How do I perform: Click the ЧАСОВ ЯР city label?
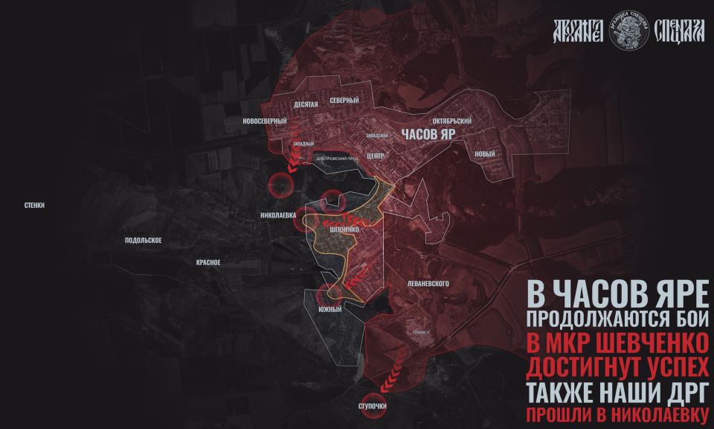pyautogui.click(x=428, y=136)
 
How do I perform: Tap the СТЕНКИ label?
pyautogui.click(x=34, y=205)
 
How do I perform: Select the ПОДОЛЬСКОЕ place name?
pyautogui.click(x=144, y=241)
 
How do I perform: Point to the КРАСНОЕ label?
pyautogui.click(x=208, y=262)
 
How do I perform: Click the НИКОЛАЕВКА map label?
pyautogui.click(x=279, y=215)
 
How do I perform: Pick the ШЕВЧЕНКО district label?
pyautogui.click(x=344, y=231)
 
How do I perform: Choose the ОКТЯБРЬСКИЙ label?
pyautogui.click(x=451, y=121)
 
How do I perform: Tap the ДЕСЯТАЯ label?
pyautogui.click(x=306, y=105)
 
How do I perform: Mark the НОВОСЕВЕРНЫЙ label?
pyautogui.click(x=265, y=121)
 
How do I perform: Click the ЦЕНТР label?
pyautogui.click(x=375, y=156)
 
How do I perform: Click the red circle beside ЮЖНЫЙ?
pyautogui.click(x=327, y=293)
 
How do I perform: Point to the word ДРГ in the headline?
pyautogui.click(x=680, y=392)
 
